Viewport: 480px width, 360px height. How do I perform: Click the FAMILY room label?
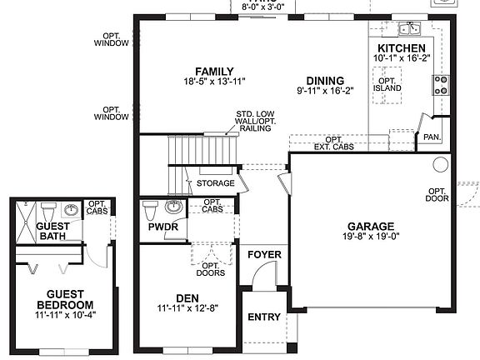(x=208, y=71)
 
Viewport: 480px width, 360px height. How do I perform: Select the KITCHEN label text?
(x=402, y=49)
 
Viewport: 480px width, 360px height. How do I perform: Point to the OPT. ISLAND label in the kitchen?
(x=387, y=84)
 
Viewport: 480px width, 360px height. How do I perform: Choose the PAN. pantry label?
(x=432, y=136)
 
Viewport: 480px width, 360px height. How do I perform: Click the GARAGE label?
(x=371, y=226)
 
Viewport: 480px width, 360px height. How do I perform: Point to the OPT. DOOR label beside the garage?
(x=438, y=194)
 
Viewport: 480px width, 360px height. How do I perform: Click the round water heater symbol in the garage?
(x=441, y=164)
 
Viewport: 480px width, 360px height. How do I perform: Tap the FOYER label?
(x=264, y=254)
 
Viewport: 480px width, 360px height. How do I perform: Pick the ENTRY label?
(x=264, y=317)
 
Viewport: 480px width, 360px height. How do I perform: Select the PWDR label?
(x=157, y=226)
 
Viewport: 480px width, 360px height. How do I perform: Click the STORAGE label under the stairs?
(x=215, y=183)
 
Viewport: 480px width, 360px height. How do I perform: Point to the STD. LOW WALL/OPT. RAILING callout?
(x=256, y=121)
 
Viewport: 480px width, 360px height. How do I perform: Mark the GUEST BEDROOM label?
(x=64, y=299)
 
